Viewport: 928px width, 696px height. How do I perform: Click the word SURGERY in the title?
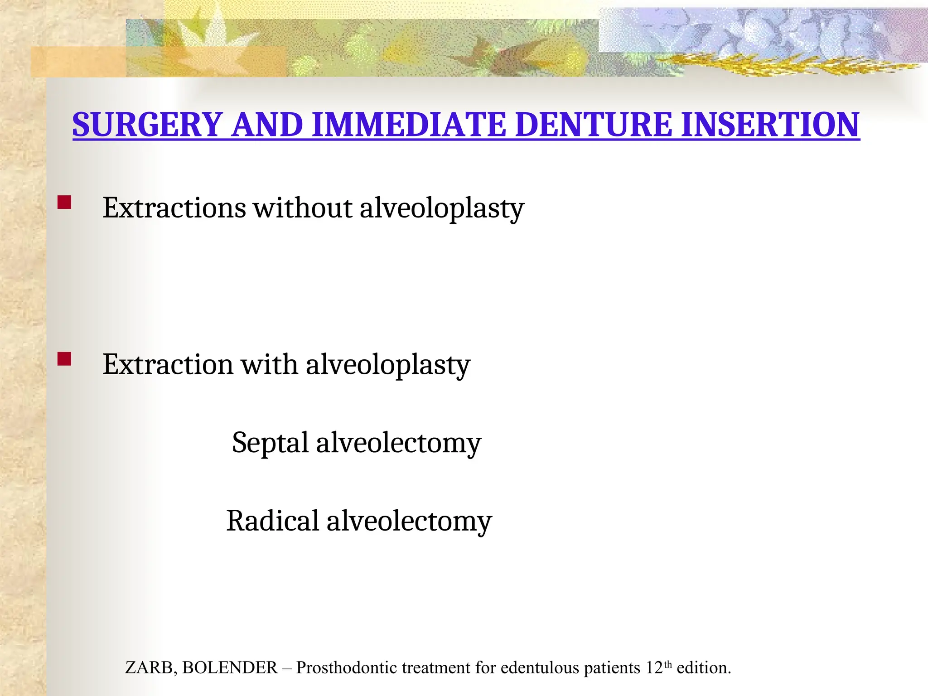(148, 125)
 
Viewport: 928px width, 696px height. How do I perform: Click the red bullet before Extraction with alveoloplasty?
(64, 359)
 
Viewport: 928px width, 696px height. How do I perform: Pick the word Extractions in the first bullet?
(174, 208)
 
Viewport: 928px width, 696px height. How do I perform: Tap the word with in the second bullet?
(269, 364)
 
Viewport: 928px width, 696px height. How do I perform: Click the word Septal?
(270, 443)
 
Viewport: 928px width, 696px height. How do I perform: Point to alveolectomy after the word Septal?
(398, 443)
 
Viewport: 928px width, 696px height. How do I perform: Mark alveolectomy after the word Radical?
(409, 521)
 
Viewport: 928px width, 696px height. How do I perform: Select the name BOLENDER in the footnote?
(230, 668)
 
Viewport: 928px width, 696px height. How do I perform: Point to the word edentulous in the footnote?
(540, 668)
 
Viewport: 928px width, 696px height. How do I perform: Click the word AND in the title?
(267, 125)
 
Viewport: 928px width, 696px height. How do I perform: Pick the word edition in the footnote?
(703, 668)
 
